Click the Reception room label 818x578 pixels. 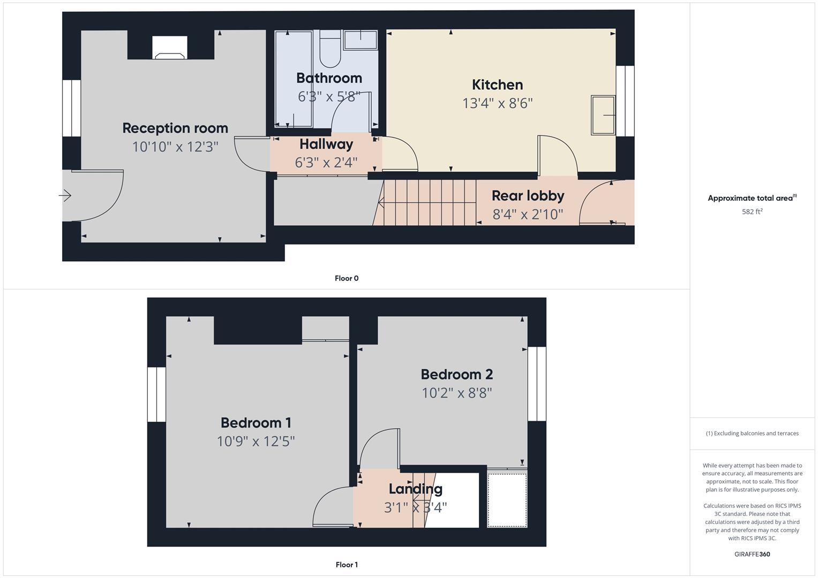pos(175,128)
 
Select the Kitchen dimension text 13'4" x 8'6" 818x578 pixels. pos(497,103)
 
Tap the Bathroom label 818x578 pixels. pos(329,78)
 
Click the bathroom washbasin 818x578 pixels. pos(360,40)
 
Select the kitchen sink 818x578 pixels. pos(603,115)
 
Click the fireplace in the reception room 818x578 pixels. pos(170,48)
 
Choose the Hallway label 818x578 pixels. pos(326,144)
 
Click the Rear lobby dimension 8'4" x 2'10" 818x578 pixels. pos(528,215)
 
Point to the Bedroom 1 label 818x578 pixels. pos(256,423)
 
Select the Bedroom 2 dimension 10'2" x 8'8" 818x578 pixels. pos(456,393)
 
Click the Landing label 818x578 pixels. pos(415,489)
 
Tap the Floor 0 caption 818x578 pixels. pos(347,278)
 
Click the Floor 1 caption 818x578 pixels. pos(347,565)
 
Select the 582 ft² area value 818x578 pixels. pos(752,211)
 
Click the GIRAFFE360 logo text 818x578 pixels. pos(752,554)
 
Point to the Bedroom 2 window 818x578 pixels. pos(537,384)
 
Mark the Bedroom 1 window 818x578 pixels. pos(156,394)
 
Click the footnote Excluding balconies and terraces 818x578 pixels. pos(752,433)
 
